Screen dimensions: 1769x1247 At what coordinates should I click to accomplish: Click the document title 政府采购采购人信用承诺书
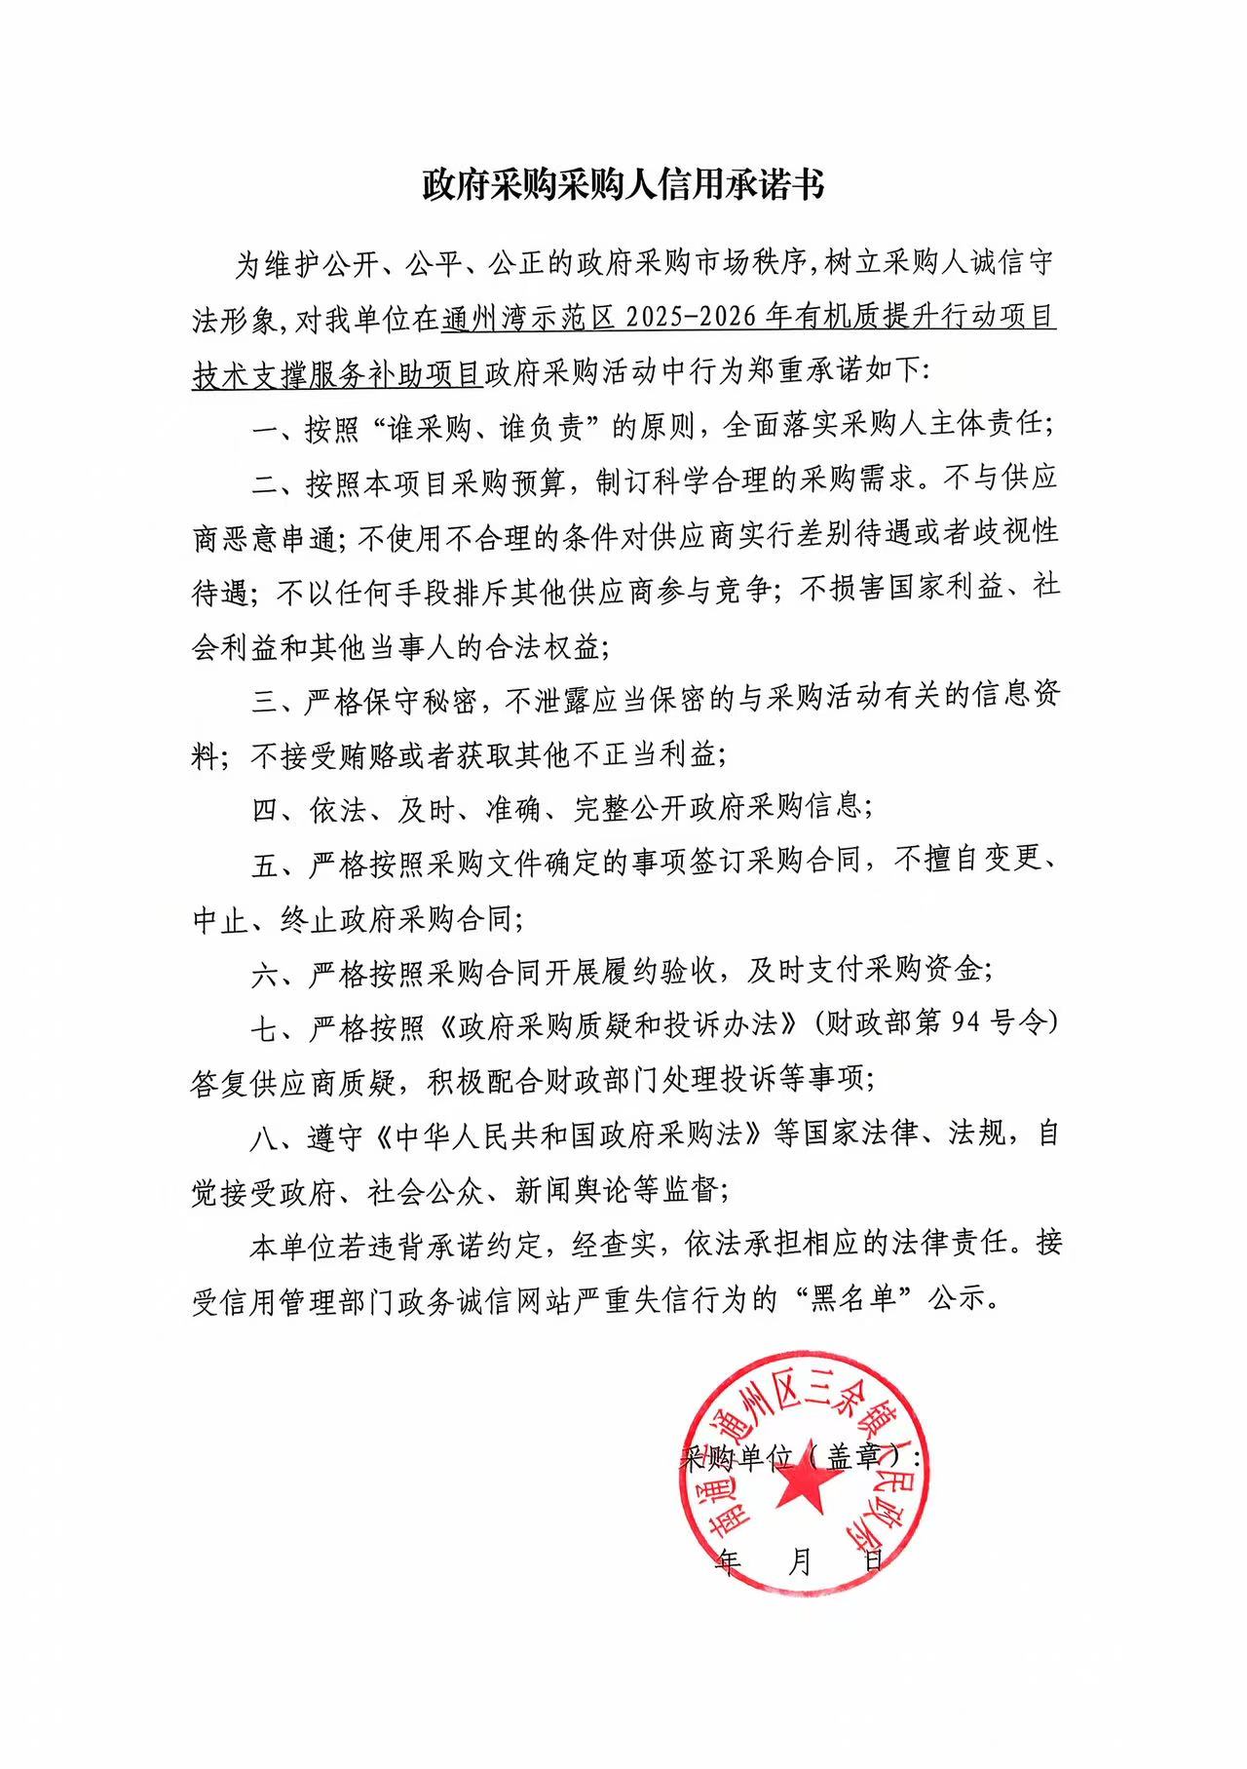coord(623,183)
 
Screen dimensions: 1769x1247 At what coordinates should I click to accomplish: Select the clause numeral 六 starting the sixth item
coord(265,973)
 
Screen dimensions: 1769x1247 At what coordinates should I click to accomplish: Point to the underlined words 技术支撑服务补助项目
coord(338,373)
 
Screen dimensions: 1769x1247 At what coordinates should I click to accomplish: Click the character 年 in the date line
coord(727,1561)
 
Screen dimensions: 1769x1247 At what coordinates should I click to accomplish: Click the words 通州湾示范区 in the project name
coord(526,319)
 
